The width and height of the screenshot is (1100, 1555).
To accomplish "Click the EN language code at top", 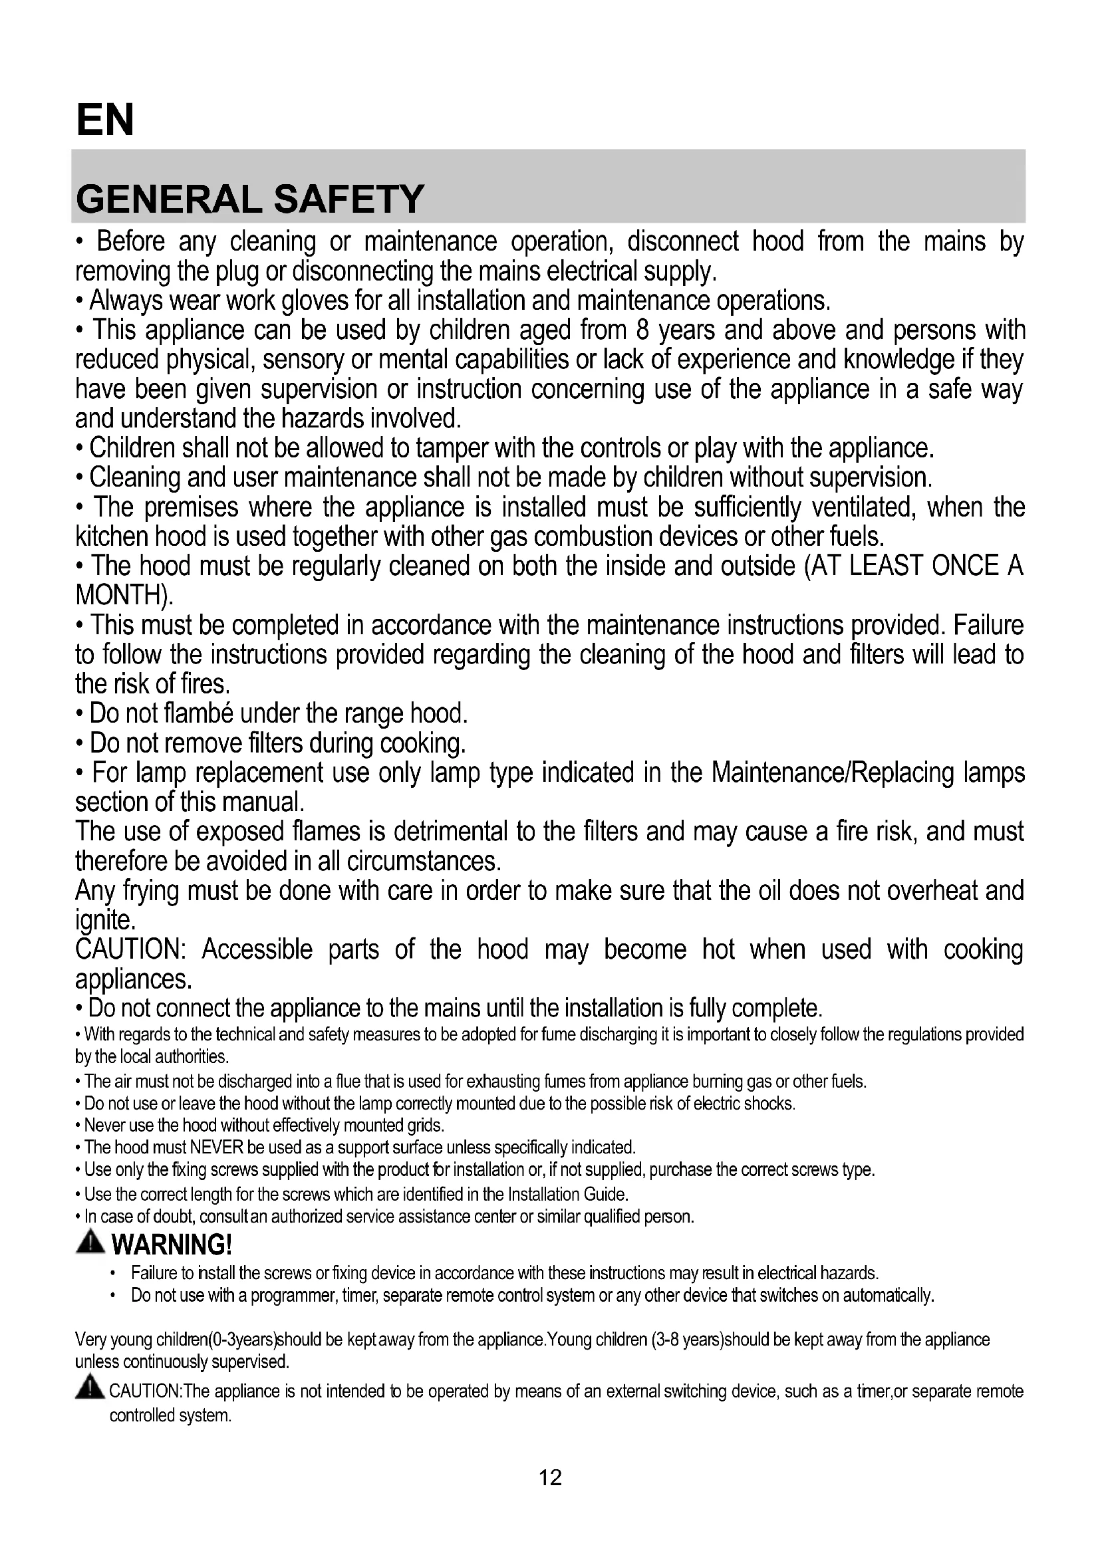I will point(105,120).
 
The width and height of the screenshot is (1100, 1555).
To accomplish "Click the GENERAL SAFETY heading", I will point(250,199).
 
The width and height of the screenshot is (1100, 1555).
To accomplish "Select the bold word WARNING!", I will point(172,1244).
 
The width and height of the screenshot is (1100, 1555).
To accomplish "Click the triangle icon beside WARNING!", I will point(90,1242).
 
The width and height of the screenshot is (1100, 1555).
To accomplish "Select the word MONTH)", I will point(124,595).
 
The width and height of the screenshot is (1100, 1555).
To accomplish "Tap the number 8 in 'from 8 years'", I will point(643,330).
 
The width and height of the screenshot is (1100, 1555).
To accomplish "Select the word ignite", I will point(106,920).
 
